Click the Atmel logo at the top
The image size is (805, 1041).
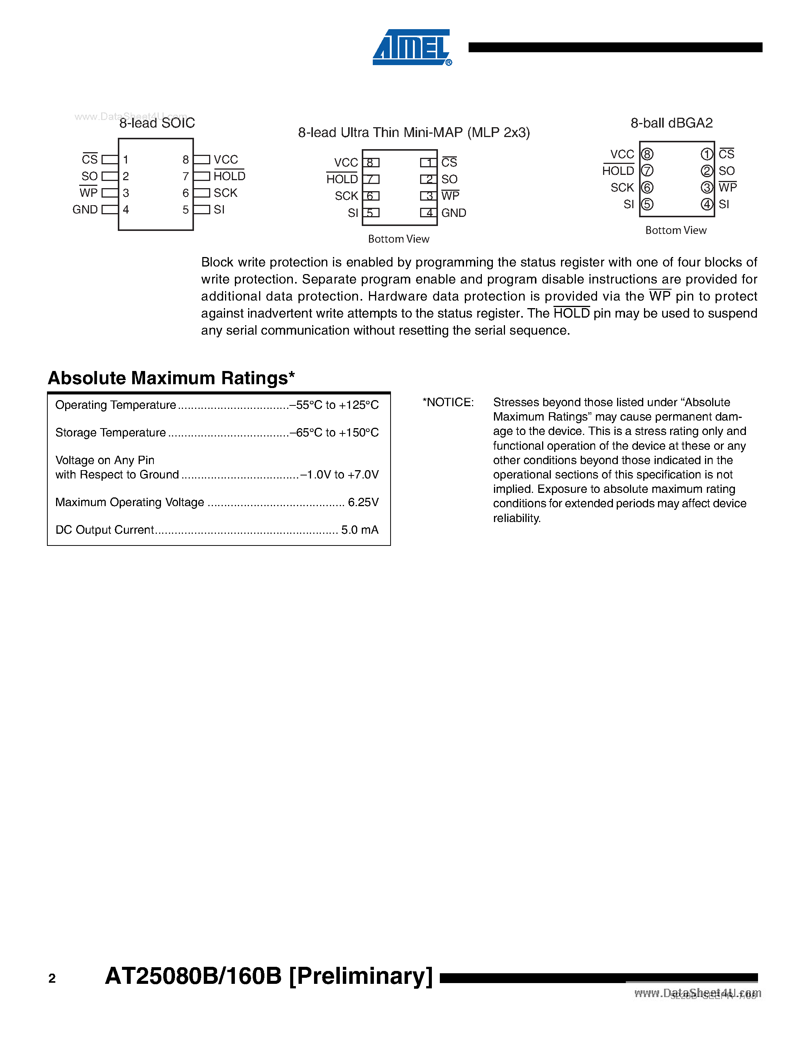[x=411, y=48]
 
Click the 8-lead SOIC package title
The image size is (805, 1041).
[x=157, y=123]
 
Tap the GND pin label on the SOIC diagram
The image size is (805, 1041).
[x=85, y=210]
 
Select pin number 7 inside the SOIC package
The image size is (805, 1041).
[x=186, y=176]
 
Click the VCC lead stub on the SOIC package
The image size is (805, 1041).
[x=202, y=160]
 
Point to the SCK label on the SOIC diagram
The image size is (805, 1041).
[x=225, y=193]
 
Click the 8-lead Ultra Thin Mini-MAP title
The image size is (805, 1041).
[x=413, y=132]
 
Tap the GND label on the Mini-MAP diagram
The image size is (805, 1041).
[x=453, y=213]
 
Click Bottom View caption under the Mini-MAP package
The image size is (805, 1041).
[x=398, y=239]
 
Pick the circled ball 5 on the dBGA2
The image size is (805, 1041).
[x=647, y=204]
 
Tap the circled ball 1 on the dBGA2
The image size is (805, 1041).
[x=707, y=154]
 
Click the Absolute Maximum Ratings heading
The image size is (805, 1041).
[x=171, y=378]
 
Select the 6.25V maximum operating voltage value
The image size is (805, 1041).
[x=363, y=502]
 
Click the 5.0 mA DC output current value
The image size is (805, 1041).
[x=360, y=530]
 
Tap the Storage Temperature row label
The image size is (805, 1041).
[x=111, y=433]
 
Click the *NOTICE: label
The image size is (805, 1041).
[x=448, y=402]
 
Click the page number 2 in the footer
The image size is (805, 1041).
[x=52, y=979]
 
